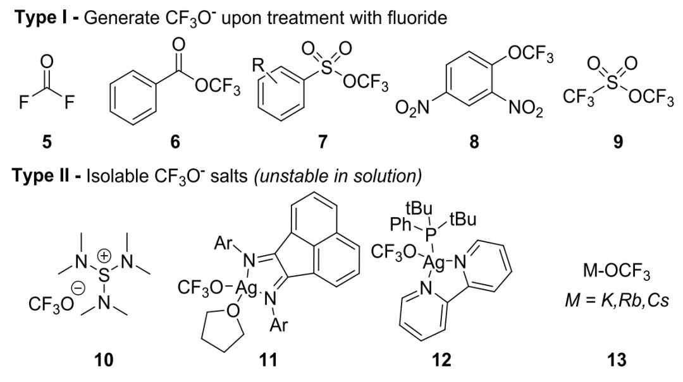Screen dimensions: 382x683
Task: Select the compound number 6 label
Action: (x=175, y=142)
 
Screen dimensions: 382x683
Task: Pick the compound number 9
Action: (x=618, y=142)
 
